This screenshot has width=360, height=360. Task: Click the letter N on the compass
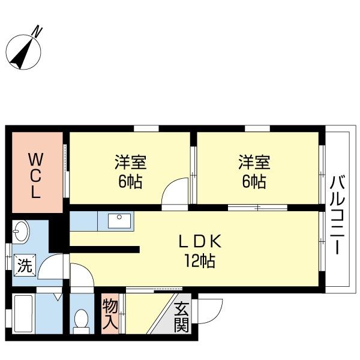(38, 32)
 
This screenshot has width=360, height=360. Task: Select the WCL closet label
(35, 176)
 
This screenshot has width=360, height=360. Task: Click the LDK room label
(200, 241)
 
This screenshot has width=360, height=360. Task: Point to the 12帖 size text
(200, 261)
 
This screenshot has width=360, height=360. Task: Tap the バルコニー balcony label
(337, 215)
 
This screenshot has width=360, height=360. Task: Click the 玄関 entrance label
(181, 317)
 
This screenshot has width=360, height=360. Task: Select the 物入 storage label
(110, 314)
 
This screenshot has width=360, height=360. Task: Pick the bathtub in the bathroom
(23, 313)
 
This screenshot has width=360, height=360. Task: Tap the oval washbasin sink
(20, 232)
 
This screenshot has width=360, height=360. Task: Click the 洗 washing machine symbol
(25, 265)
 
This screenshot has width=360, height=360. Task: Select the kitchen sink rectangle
(119, 221)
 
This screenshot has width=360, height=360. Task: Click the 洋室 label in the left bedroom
(131, 163)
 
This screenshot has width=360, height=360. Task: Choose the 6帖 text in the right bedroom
(254, 182)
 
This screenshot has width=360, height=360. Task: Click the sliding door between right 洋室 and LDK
(257, 208)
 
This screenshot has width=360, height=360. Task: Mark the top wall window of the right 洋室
(257, 128)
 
